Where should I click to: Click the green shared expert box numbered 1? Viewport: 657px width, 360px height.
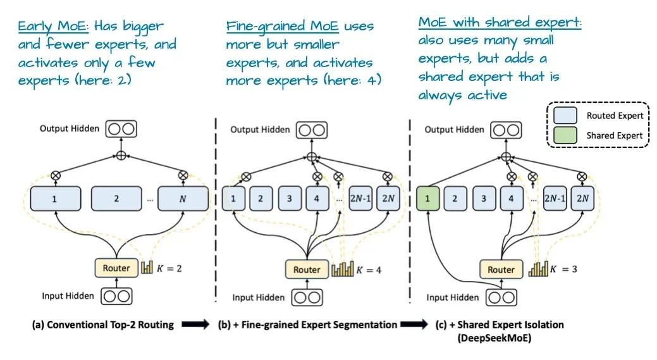[x=428, y=198]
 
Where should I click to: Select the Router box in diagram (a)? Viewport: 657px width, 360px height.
[x=116, y=268]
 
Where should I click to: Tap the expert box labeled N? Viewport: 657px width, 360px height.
[x=183, y=198]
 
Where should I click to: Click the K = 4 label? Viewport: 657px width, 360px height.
[x=369, y=270]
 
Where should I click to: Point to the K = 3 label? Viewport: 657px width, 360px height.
[x=563, y=270]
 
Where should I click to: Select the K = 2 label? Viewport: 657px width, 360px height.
[x=169, y=268]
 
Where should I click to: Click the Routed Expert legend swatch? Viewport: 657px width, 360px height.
[x=564, y=115]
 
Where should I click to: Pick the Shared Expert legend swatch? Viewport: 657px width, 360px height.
[x=564, y=135]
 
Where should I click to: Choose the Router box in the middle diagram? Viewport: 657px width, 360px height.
[x=307, y=270]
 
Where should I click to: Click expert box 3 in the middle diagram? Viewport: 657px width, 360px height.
[x=289, y=198]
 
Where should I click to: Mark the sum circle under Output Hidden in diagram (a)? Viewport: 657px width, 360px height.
[x=120, y=156]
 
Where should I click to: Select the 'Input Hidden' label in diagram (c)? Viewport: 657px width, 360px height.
[x=453, y=297]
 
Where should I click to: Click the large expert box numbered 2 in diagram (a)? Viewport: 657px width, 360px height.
[x=116, y=198]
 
